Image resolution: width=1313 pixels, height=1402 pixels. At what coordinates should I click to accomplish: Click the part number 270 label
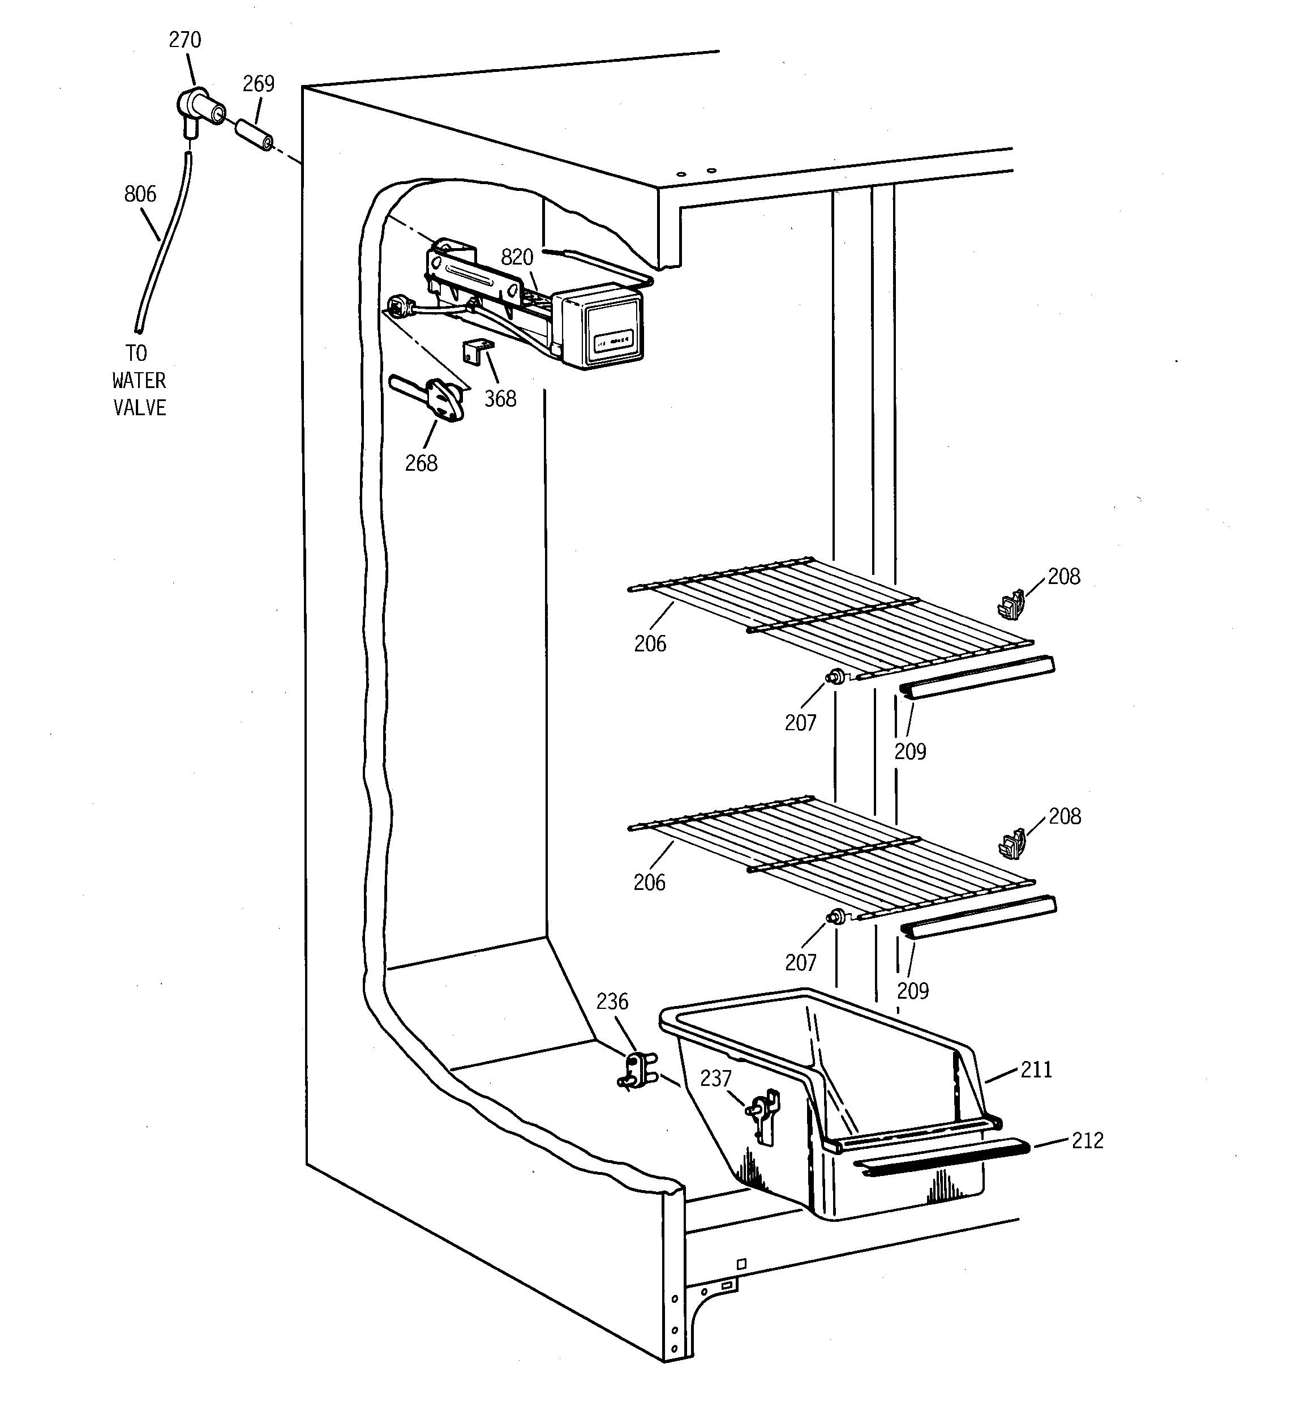click(184, 40)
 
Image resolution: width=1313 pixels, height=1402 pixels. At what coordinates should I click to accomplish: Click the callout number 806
click(140, 194)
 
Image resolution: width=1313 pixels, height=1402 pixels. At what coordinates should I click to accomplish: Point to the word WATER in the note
click(139, 381)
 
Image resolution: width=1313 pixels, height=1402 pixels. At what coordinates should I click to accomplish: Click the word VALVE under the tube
click(140, 408)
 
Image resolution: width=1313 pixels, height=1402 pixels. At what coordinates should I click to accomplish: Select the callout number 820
click(517, 257)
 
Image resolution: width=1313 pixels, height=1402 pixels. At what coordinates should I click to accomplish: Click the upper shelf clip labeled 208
click(1011, 605)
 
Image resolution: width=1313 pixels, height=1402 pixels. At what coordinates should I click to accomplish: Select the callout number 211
click(1036, 1070)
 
